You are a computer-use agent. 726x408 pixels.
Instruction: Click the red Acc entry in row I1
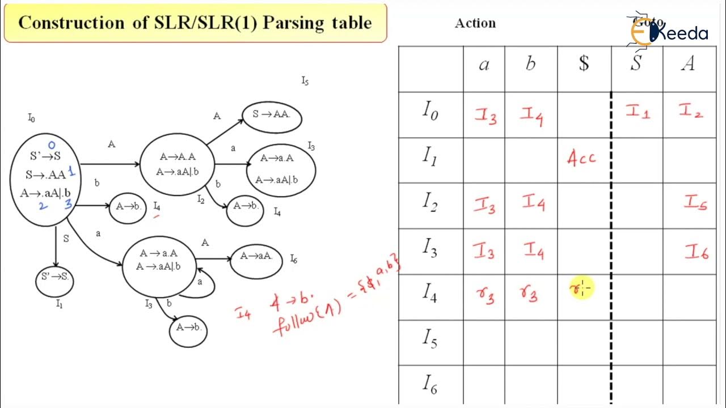point(582,158)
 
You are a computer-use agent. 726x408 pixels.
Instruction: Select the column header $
point(584,64)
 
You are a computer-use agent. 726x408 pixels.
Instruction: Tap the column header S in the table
point(636,64)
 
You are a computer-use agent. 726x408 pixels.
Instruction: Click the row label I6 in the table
point(430,385)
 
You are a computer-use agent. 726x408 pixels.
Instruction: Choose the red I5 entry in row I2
point(695,203)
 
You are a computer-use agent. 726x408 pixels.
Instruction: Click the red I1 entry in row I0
point(638,112)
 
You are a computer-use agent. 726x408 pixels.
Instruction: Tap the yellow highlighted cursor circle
point(581,288)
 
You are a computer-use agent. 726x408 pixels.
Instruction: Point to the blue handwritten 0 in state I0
point(52,145)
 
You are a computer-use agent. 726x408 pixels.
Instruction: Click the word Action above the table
point(475,23)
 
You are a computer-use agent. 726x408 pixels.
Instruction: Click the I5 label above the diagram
point(305,81)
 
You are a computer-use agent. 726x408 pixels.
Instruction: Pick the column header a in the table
point(484,64)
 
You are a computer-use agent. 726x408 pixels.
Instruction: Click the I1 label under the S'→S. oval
point(59,304)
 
